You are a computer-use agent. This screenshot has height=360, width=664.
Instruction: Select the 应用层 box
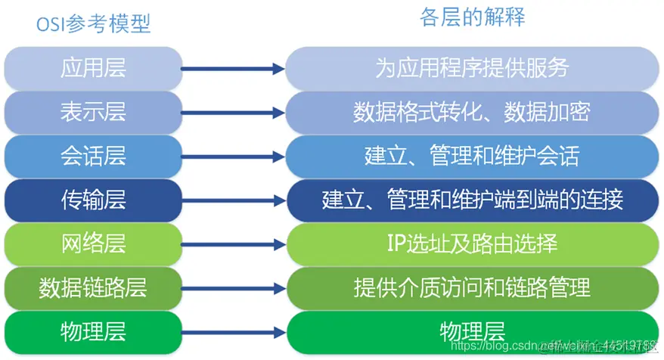pos(94,69)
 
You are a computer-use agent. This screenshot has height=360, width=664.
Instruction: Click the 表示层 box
pos(94,112)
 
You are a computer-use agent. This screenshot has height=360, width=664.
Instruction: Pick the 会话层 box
pos(94,156)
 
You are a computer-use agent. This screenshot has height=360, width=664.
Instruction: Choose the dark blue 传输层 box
pos(94,200)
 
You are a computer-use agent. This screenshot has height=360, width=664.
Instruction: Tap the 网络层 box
pos(94,244)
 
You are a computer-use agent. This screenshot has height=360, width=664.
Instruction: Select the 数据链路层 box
pos(94,287)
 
